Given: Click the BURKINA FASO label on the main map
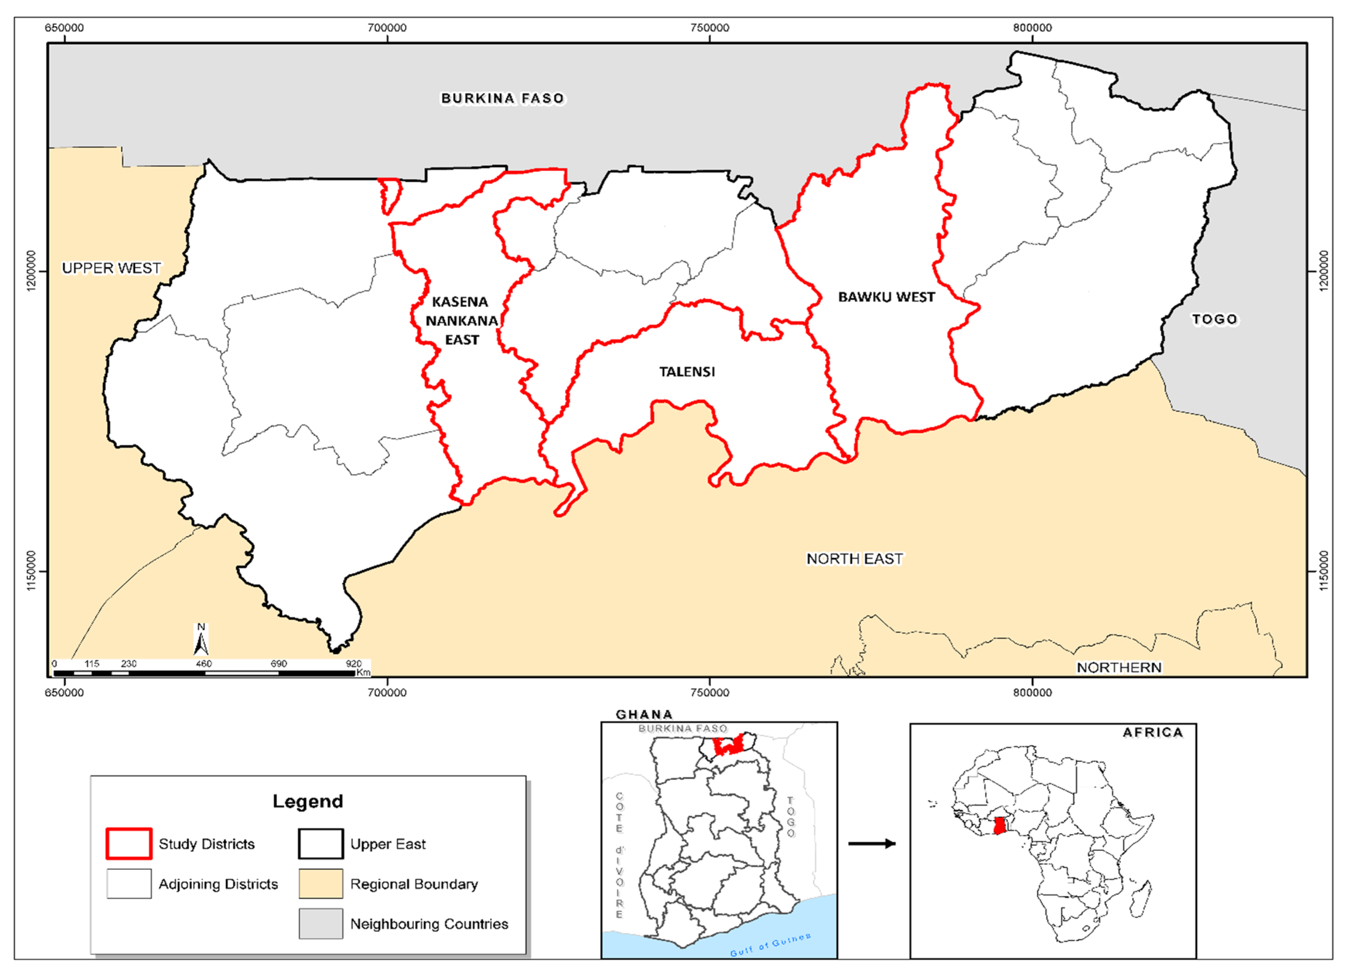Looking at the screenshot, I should (x=503, y=98).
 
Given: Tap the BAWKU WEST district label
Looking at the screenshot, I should (x=886, y=297).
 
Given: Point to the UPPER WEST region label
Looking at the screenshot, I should (x=111, y=268).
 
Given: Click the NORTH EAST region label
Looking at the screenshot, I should (x=854, y=559).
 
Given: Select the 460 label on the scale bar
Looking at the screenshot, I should (x=203, y=664).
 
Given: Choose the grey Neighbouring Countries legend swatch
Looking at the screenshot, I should (x=321, y=924).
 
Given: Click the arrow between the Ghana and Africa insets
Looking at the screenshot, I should (x=872, y=843).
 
